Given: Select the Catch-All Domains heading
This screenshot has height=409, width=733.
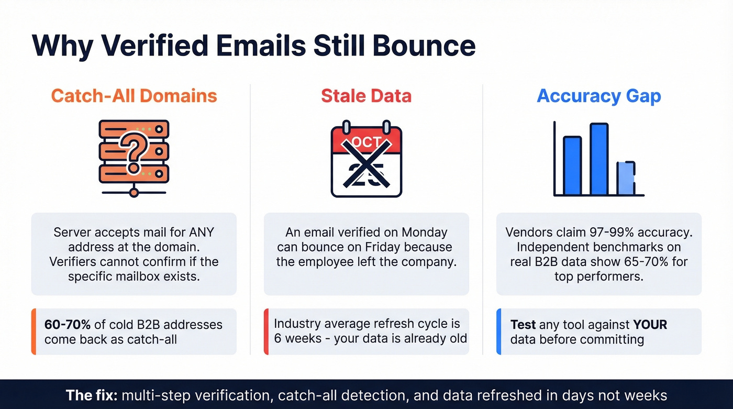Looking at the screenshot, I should [134, 96].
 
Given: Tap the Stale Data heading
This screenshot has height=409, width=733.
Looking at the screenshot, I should [366, 96].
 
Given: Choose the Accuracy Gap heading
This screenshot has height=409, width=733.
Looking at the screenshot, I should [598, 96].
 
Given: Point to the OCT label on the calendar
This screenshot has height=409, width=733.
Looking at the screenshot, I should [366, 142].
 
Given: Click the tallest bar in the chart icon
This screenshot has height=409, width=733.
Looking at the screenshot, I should [598, 159].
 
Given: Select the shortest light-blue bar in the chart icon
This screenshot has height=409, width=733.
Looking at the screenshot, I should [626, 179].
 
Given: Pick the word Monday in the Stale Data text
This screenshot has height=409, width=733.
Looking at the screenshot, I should [424, 232].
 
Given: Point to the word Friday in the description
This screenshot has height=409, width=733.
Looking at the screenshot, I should [381, 247].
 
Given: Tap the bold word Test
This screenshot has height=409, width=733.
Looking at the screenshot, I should [523, 325].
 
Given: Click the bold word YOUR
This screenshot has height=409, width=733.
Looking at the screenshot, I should [650, 325].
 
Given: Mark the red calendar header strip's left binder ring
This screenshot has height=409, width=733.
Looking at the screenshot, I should [346, 128].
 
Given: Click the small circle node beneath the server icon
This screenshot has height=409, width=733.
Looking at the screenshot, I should [134, 193].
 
